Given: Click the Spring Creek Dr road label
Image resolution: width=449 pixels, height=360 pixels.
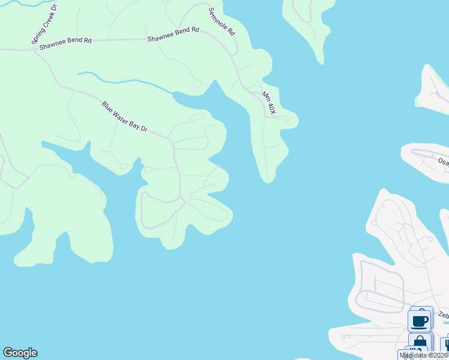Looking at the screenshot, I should click(x=43, y=24).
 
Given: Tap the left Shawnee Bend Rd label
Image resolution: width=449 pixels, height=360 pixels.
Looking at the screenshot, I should click(x=65, y=43).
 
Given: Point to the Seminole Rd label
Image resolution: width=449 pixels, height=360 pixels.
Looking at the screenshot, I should click(x=221, y=22).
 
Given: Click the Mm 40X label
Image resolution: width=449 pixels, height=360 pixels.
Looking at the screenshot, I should click(x=268, y=103).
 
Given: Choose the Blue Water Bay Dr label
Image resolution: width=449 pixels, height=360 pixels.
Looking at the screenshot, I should click(x=124, y=117).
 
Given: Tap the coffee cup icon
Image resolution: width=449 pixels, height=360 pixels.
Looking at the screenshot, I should click(x=420, y=320).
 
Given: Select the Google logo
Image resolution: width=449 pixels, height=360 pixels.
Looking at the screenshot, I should click(x=20, y=353).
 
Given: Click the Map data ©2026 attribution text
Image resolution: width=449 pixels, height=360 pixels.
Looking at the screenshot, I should click(x=423, y=355).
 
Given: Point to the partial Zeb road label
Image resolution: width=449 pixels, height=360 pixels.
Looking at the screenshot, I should click(x=443, y=315).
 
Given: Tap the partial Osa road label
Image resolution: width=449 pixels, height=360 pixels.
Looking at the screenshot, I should click(x=443, y=161).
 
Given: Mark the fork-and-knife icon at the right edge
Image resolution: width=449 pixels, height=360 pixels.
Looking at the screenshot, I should click(x=446, y=344).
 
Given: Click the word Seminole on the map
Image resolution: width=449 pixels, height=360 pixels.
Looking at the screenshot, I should click(x=218, y=19).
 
